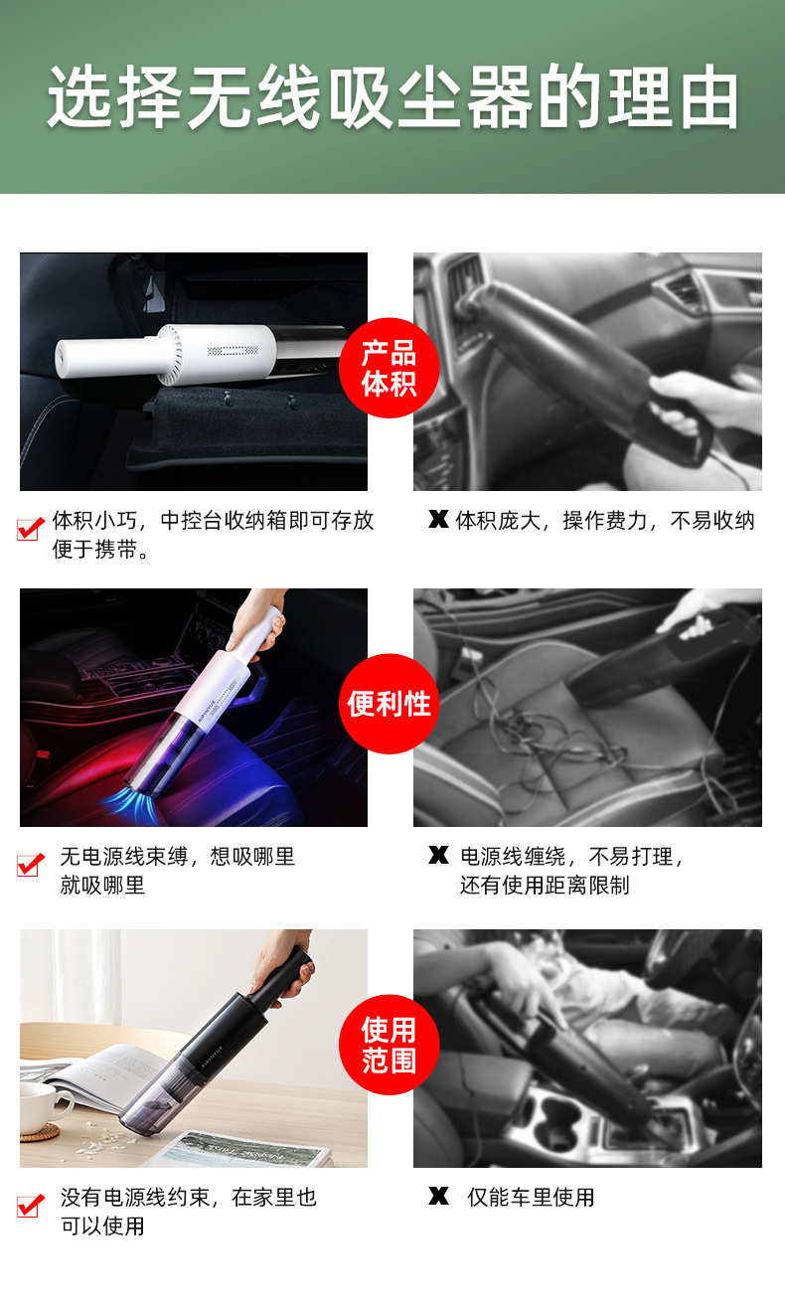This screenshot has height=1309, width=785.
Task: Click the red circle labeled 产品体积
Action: point(389,368)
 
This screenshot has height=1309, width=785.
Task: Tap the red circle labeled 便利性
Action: point(389,704)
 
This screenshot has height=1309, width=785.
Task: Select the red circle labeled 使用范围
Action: point(389,1045)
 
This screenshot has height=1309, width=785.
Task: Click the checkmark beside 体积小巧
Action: point(31,528)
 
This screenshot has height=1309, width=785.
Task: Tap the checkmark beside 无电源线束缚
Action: point(31,864)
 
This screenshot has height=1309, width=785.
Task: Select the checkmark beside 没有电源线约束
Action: point(31,1205)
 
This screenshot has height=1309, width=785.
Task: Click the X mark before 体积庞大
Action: point(437,519)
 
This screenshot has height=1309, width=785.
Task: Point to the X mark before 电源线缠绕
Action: point(437,855)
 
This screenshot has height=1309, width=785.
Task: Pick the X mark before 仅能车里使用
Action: point(437,1196)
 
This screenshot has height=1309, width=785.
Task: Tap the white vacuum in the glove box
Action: point(169,353)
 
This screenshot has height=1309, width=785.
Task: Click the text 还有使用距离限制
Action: point(545,885)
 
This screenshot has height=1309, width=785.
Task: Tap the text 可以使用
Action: point(102,1226)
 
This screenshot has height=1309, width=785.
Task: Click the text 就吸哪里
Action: point(102,885)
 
